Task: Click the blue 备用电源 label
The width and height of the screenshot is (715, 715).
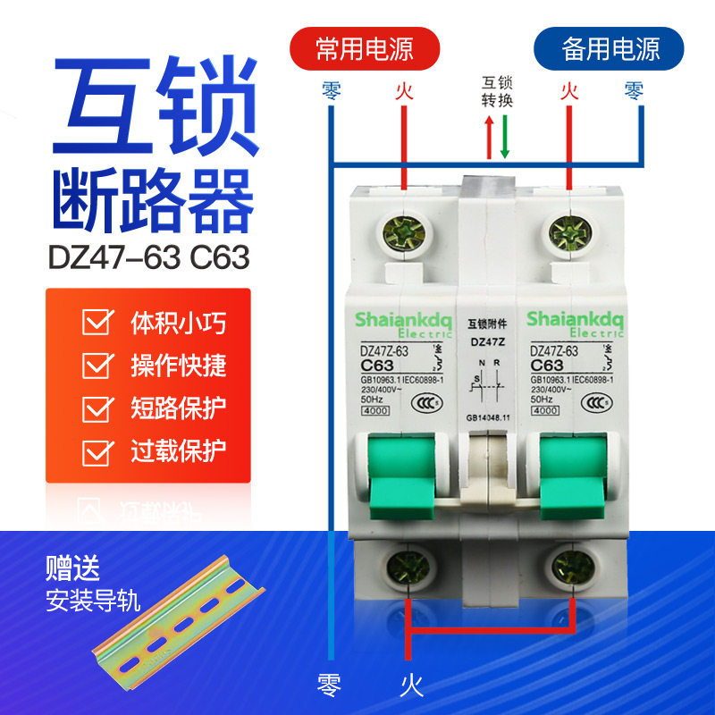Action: point(609,47)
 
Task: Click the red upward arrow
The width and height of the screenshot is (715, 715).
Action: point(489,139)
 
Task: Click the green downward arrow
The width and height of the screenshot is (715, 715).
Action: point(505,139)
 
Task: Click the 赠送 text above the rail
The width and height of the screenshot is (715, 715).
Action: point(72,568)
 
